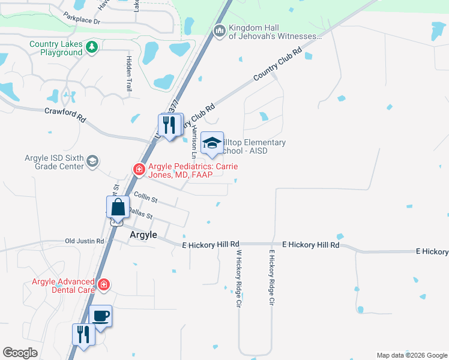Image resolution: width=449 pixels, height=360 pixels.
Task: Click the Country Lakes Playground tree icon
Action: (91, 47)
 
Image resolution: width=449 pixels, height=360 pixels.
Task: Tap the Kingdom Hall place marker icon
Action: (219, 30)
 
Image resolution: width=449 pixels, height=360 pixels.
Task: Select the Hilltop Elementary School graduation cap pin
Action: (211, 143)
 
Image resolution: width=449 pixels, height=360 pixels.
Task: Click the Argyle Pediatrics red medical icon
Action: (139, 170)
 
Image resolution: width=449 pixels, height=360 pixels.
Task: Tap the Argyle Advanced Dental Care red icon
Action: (104, 284)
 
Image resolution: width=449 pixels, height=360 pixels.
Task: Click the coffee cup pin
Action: (100, 316)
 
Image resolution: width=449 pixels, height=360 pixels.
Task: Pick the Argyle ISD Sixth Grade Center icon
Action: (92, 161)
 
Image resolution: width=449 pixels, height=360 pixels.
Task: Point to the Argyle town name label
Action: (143, 235)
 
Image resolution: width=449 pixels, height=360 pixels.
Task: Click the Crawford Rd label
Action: (65, 112)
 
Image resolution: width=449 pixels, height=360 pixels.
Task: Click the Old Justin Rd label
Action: (85, 241)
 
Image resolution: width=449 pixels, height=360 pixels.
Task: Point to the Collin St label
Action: (145, 197)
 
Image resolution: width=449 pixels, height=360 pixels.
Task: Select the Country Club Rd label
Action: (276, 65)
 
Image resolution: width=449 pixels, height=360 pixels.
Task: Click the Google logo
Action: (20, 353)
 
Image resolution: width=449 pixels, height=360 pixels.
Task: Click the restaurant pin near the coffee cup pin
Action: (83, 335)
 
